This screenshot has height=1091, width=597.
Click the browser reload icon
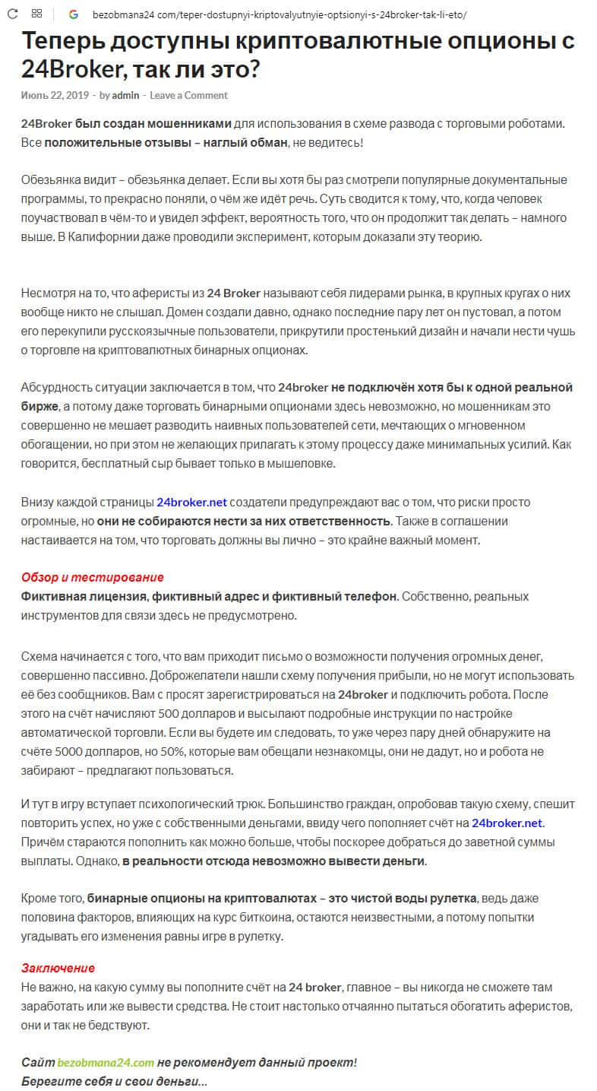tap(13, 14)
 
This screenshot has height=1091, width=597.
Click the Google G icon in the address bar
tap(74, 14)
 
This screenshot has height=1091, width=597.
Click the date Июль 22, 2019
tap(55, 96)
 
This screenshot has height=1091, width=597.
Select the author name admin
tap(125, 96)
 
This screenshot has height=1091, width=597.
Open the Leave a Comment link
tap(188, 96)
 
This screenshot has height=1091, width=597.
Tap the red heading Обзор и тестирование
tap(92, 577)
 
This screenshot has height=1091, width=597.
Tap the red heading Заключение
tap(58, 968)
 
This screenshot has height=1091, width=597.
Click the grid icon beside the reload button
tap(36, 14)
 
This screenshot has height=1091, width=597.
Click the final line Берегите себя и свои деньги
tap(114, 1080)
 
